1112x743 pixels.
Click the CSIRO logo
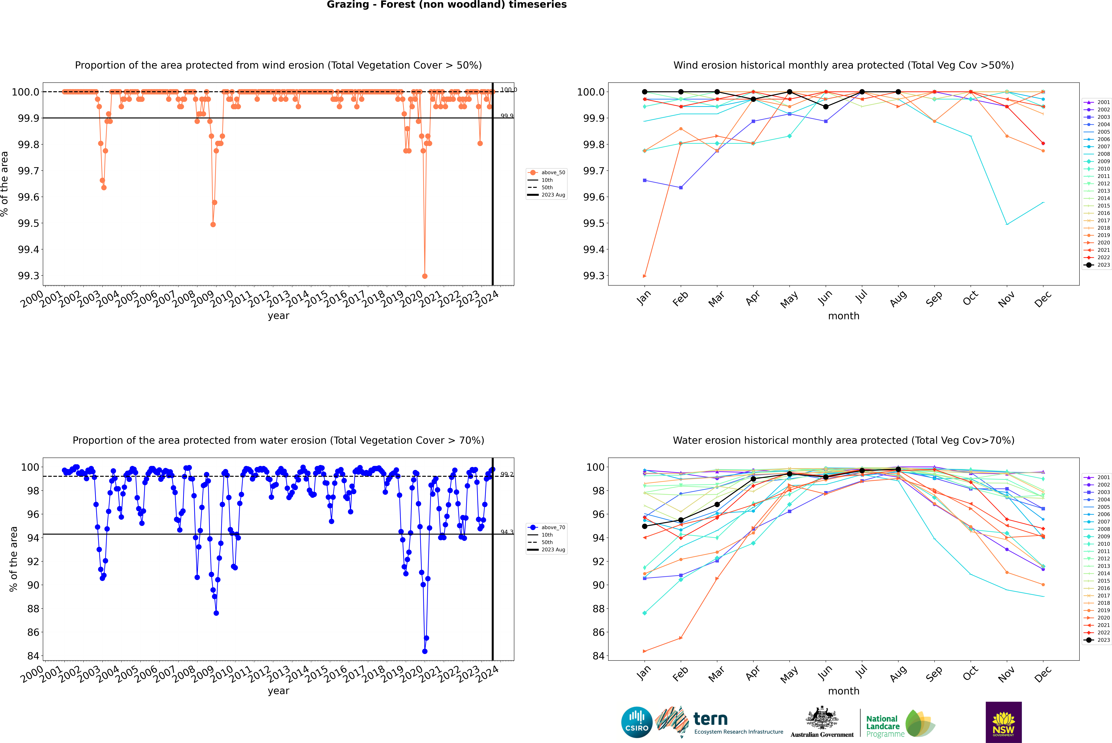pos(637,722)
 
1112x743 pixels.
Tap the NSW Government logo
pos(1003,722)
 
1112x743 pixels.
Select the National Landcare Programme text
pos(884,726)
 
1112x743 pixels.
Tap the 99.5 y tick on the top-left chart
pos(28,223)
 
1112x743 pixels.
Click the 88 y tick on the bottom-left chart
pos(33,608)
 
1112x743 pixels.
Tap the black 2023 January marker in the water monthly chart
pos(645,526)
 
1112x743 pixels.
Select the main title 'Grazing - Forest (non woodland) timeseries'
pos(447,5)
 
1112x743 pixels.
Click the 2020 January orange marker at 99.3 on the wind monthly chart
pos(645,276)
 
